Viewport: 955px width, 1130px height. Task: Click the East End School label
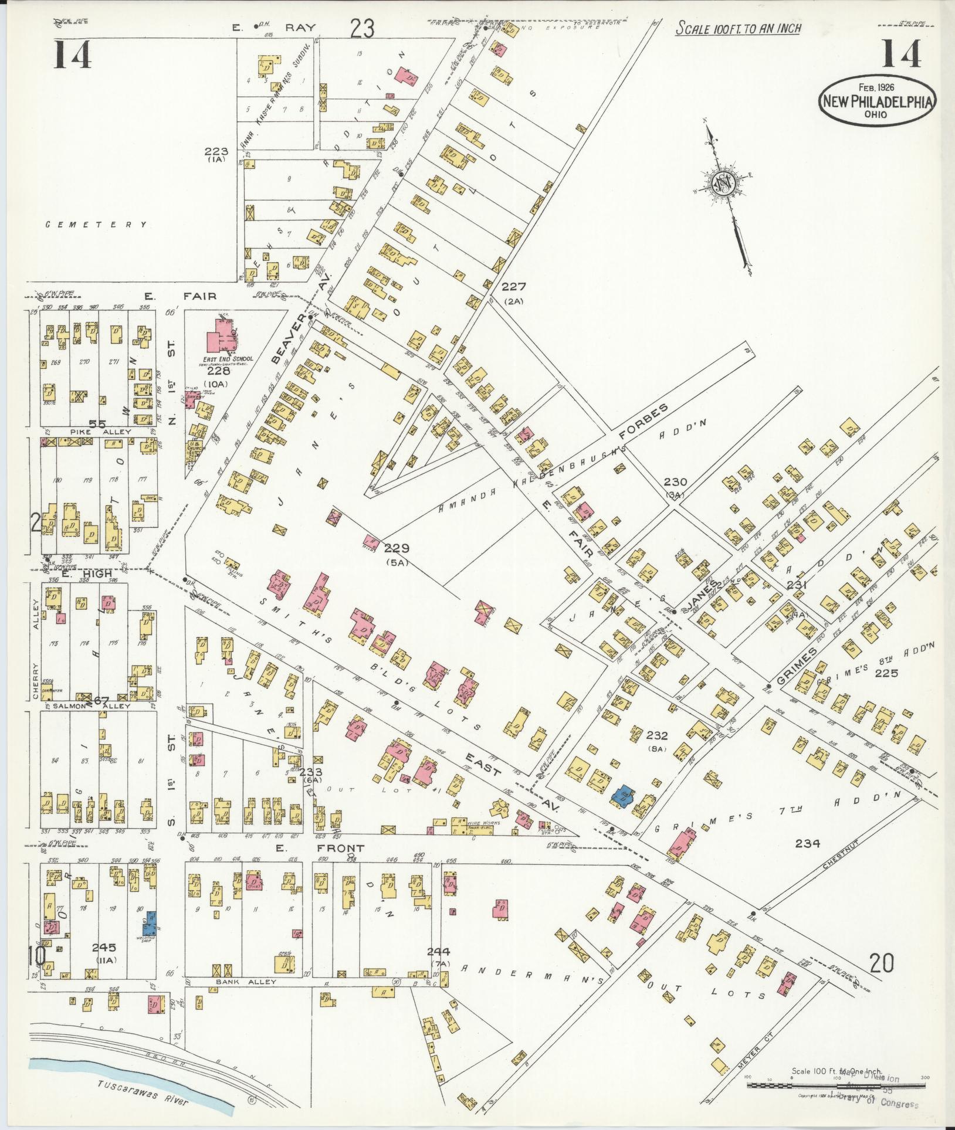[228, 359]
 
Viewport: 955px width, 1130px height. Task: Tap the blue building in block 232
[622, 796]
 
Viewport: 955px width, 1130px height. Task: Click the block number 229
[397, 549]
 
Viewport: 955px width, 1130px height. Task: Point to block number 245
[104, 947]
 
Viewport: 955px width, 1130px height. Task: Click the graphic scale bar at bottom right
[835, 1085]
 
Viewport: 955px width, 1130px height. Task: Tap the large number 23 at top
[362, 28]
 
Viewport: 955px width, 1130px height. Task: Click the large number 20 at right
[882, 963]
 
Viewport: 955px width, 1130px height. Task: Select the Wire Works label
[482, 823]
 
